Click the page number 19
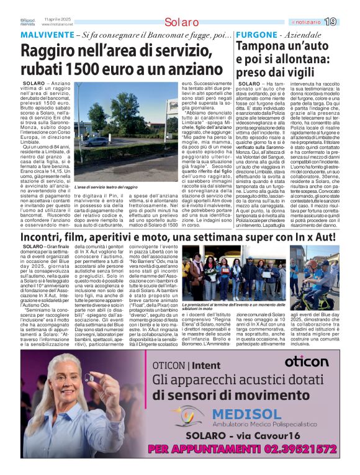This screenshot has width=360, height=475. pyautogui.click(x=330, y=22)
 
